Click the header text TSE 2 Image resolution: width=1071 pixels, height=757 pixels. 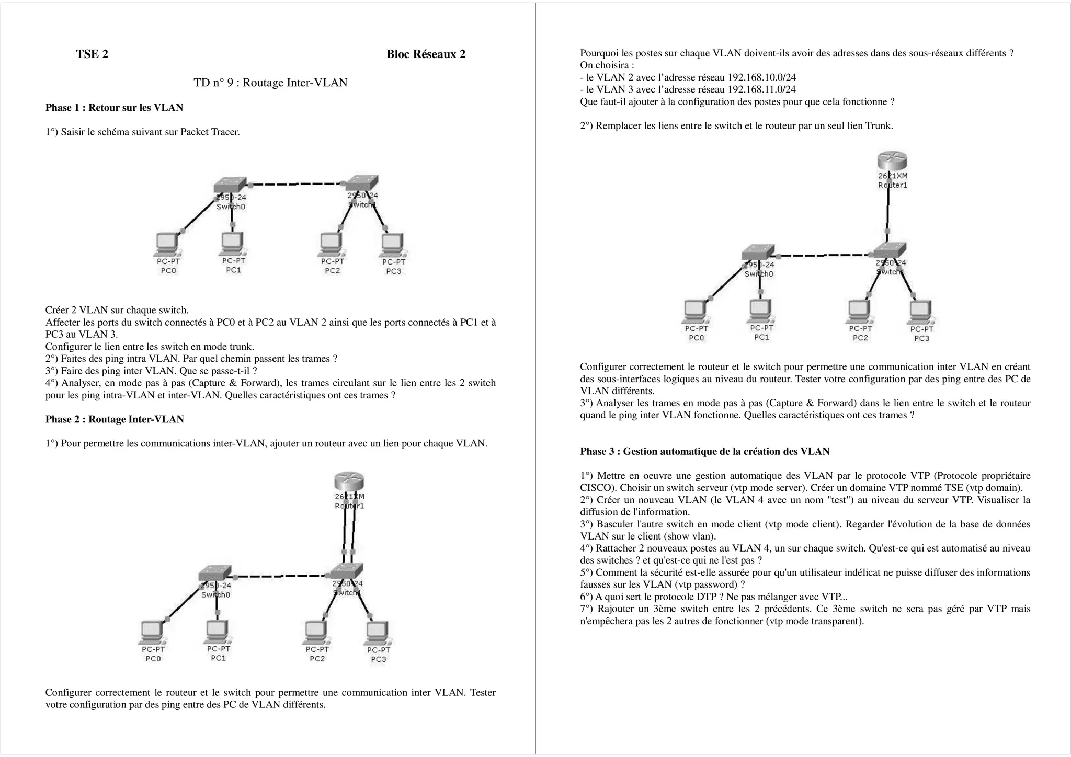92,54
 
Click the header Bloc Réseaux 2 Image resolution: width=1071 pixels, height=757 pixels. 426,54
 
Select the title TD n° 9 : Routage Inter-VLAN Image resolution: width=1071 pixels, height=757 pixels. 270,83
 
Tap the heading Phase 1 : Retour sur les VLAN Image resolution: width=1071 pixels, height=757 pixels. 114,108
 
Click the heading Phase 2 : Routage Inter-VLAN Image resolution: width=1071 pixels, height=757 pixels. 115,419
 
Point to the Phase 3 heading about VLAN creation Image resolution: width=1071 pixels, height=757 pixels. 704,451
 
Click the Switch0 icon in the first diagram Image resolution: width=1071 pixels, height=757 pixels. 230,185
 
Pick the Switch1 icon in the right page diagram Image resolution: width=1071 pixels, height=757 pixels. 889,250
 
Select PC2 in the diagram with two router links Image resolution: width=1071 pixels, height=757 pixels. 316,633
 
